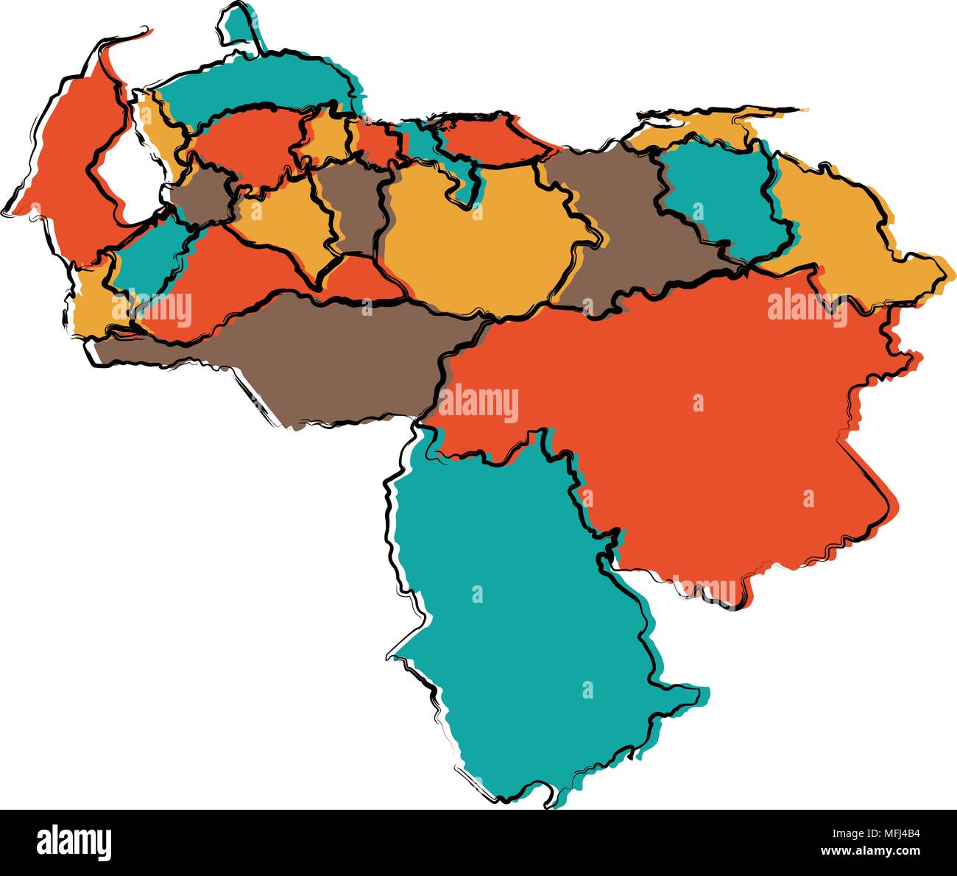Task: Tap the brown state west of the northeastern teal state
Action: (x=626, y=221)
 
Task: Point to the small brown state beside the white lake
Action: (x=202, y=195)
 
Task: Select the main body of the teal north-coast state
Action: (x=250, y=88)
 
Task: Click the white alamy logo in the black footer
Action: (x=74, y=842)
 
